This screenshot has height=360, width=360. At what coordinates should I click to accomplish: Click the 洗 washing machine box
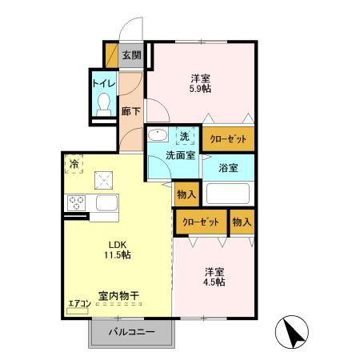(x=185, y=136)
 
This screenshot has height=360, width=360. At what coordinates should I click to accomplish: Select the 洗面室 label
(x=181, y=155)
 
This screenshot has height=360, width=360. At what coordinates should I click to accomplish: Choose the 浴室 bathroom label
(x=229, y=168)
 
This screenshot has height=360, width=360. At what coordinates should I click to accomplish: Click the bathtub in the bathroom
(x=229, y=194)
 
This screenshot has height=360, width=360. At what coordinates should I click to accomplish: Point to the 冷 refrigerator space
(x=74, y=166)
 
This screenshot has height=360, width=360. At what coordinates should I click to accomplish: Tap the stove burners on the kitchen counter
(x=78, y=202)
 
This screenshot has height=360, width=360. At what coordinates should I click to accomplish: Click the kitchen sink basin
(x=106, y=202)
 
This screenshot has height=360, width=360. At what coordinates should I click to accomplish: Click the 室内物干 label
(x=118, y=296)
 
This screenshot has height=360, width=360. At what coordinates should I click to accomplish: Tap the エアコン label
(x=78, y=303)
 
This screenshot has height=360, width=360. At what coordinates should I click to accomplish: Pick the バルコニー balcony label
(x=130, y=331)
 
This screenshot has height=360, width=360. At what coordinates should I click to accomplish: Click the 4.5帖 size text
(x=214, y=282)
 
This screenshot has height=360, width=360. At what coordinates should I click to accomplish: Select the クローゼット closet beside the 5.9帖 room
(x=228, y=138)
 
